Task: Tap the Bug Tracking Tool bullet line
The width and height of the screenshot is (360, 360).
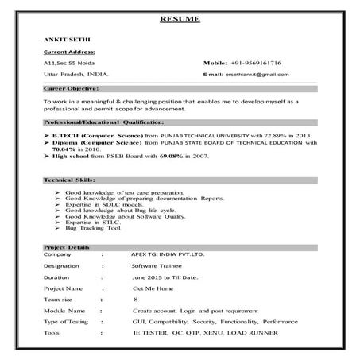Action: [x=93, y=229]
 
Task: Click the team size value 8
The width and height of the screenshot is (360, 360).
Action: [x=136, y=300]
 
